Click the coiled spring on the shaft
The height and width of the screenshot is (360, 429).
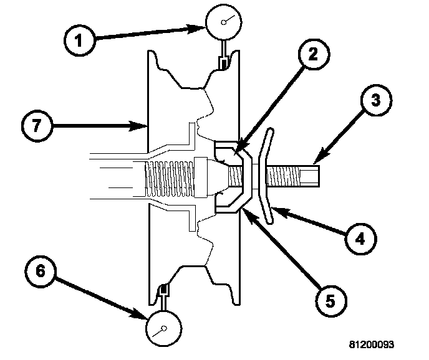point(169,176)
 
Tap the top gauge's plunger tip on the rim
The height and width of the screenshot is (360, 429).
point(222,62)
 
